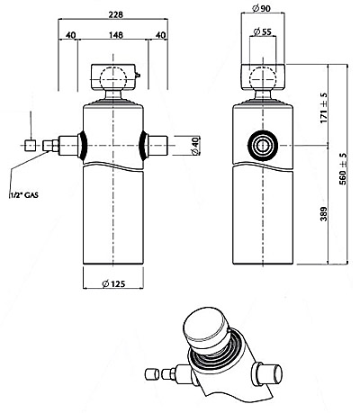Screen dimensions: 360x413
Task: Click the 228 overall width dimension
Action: (x=116, y=14)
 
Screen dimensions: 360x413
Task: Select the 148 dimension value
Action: (x=116, y=35)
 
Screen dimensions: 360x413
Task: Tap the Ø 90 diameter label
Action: (x=261, y=9)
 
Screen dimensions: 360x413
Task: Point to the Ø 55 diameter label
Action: (x=262, y=31)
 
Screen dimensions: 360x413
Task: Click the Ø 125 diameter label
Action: (x=113, y=283)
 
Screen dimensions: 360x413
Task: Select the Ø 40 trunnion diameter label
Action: (x=195, y=146)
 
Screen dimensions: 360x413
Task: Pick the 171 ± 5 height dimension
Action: (x=323, y=108)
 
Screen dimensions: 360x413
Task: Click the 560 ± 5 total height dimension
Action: (x=343, y=169)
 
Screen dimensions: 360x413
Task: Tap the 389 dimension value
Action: (x=323, y=213)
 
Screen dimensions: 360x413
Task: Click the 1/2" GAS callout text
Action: (x=23, y=195)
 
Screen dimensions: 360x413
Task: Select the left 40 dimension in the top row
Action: (x=70, y=35)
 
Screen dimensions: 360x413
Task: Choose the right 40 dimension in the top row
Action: (x=160, y=35)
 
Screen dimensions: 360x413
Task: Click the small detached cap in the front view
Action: (x=31, y=146)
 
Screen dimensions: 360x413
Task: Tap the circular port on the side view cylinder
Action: (x=263, y=146)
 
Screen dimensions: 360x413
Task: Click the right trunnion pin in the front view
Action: (x=157, y=146)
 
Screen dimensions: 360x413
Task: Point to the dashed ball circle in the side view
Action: (x=263, y=78)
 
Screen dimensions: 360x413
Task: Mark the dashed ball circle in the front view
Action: (x=113, y=78)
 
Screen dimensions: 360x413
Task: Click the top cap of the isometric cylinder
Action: (x=206, y=327)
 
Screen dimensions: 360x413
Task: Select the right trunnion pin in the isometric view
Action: (x=267, y=373)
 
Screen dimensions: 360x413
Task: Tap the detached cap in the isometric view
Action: (x=152, y=374)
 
